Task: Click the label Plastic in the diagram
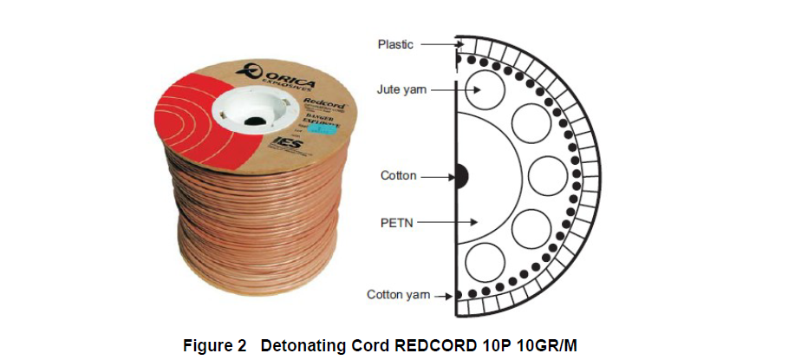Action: pyautogui.click(x=396, y=43)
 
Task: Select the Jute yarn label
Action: pyautogui.click(x=401, y=89)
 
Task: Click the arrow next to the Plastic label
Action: pyautogui.click(x=442, y=43)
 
